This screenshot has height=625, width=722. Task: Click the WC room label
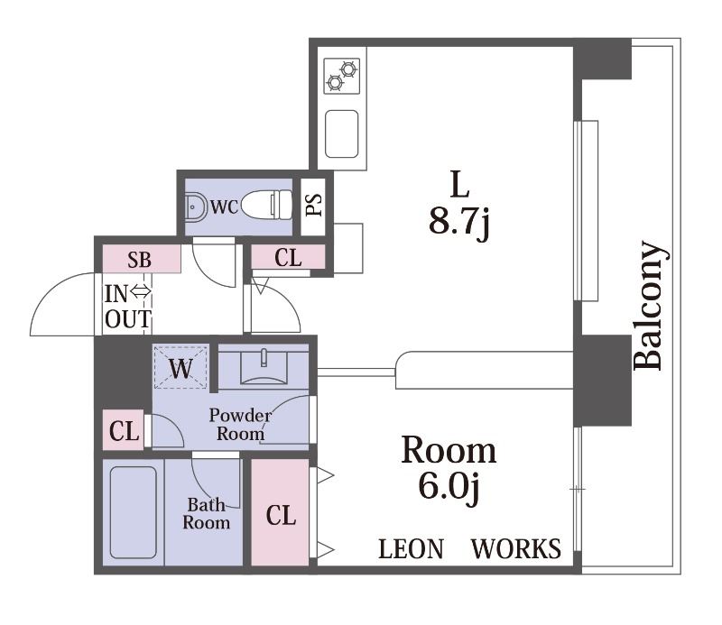pos(224,207)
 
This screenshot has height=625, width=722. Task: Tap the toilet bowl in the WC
pos(266,205)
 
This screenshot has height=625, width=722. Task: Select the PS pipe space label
pos(313,205)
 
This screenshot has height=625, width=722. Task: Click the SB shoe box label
pos(139,260)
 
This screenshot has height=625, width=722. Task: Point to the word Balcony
pos(650,306)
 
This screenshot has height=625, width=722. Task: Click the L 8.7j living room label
pos(459,205)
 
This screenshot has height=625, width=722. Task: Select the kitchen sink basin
pos(342,133)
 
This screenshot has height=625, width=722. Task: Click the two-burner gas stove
pos(342,76)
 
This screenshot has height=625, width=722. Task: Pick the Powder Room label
pos(240,425)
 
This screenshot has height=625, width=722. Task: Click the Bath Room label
pos(206,514)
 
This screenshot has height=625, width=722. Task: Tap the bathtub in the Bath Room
pos(134,512)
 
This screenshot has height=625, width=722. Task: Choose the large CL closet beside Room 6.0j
pos(280,512)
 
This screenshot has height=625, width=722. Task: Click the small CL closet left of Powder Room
pos(124,430)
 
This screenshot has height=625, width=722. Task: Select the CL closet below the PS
pos(288,257)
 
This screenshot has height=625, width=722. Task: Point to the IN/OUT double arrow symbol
pos(141,291)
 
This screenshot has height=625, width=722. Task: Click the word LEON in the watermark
pos(411,548)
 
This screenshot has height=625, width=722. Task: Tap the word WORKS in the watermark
pos(515,548)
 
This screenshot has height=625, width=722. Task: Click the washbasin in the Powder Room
pos(264,367)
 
